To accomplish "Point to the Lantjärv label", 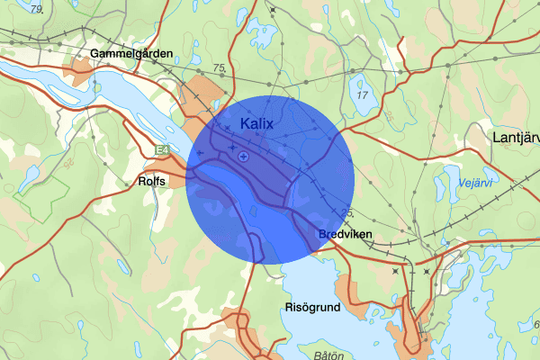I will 516,137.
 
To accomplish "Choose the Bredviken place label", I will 345,235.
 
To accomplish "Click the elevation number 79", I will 35,10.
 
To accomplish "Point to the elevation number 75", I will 220,68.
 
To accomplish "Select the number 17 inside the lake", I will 363,94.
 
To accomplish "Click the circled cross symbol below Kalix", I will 243,157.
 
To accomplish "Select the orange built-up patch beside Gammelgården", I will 79,73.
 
